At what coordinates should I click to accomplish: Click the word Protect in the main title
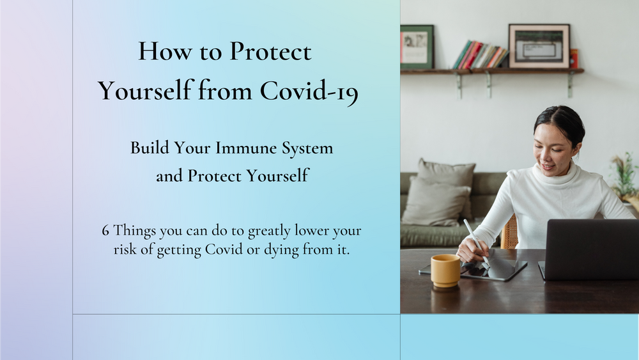[x=270, y=51]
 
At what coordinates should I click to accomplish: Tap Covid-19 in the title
[x=309, y=91]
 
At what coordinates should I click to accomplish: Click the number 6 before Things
[x=105, y=231]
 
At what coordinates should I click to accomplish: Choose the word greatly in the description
[x=269, y=231]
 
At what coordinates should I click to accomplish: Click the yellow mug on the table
[x=445, y=270]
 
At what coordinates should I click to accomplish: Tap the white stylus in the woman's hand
[x=476, y=242]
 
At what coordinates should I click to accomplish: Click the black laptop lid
[x=592, y=249]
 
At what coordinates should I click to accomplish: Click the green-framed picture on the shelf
[x=417, y=47]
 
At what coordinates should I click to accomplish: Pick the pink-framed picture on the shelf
[x=539, y=46]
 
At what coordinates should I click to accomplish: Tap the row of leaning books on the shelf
[x=480, y=55]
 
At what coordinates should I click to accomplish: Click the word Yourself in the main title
[x=145, y=91]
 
